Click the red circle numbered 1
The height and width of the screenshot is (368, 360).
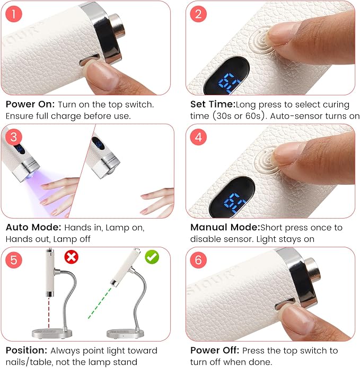click(14, 14)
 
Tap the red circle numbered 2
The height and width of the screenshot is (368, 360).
click(198, 14)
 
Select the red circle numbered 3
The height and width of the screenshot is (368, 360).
click(14, 137)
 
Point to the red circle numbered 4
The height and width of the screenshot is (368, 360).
click(198, 137)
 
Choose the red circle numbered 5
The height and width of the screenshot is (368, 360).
click(14, 260)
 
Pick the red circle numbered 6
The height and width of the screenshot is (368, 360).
click(198, 260)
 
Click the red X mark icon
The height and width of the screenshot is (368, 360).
click(72, 257)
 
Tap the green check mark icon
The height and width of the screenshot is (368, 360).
click(152, 257)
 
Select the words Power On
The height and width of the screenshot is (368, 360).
click(30, 104)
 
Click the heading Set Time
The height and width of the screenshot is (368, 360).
click(213, 104)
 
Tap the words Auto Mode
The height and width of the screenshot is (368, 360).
click(33, 227)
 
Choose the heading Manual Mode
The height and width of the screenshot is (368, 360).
click(225, 227)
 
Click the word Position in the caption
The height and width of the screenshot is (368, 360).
click(27, 351)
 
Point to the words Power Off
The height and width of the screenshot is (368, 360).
click(215, 351)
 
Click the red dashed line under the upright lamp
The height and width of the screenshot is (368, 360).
click(49, 313)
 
